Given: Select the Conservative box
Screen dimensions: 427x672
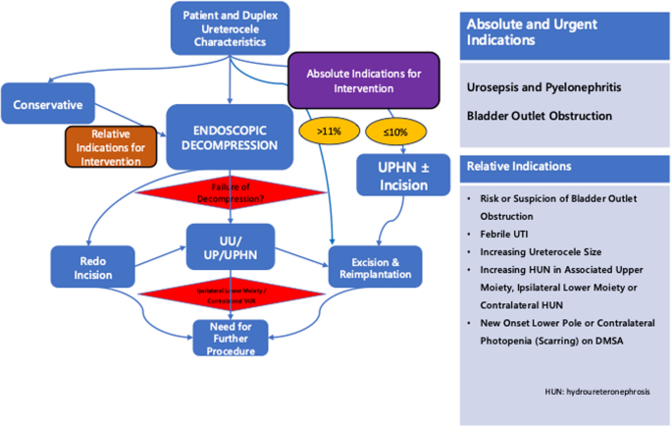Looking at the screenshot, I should tap(48, 103).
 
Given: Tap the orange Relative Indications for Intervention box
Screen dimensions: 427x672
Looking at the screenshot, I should tap(110, 146).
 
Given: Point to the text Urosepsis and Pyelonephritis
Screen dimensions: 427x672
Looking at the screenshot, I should tap(546, 88).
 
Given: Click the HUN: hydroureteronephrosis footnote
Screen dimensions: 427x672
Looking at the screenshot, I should tap(597, 391).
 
